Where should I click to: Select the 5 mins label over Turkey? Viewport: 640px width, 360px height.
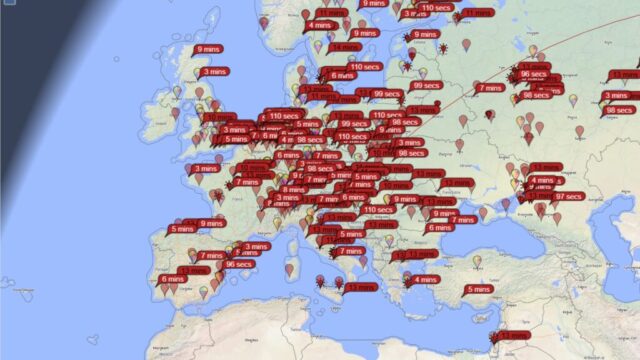479,290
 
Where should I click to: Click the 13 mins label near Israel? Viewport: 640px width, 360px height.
516,336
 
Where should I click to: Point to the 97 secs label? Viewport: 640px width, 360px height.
567,197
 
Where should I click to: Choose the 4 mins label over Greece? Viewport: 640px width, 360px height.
424,279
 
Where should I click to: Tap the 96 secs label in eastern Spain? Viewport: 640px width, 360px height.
238,264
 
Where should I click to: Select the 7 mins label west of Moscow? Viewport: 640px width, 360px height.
490,88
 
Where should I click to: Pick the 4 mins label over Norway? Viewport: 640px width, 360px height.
321,25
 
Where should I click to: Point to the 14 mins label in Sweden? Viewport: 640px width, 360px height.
346,47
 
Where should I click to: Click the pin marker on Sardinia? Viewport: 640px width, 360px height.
290,269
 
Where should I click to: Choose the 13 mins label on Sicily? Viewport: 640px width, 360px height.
361,287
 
